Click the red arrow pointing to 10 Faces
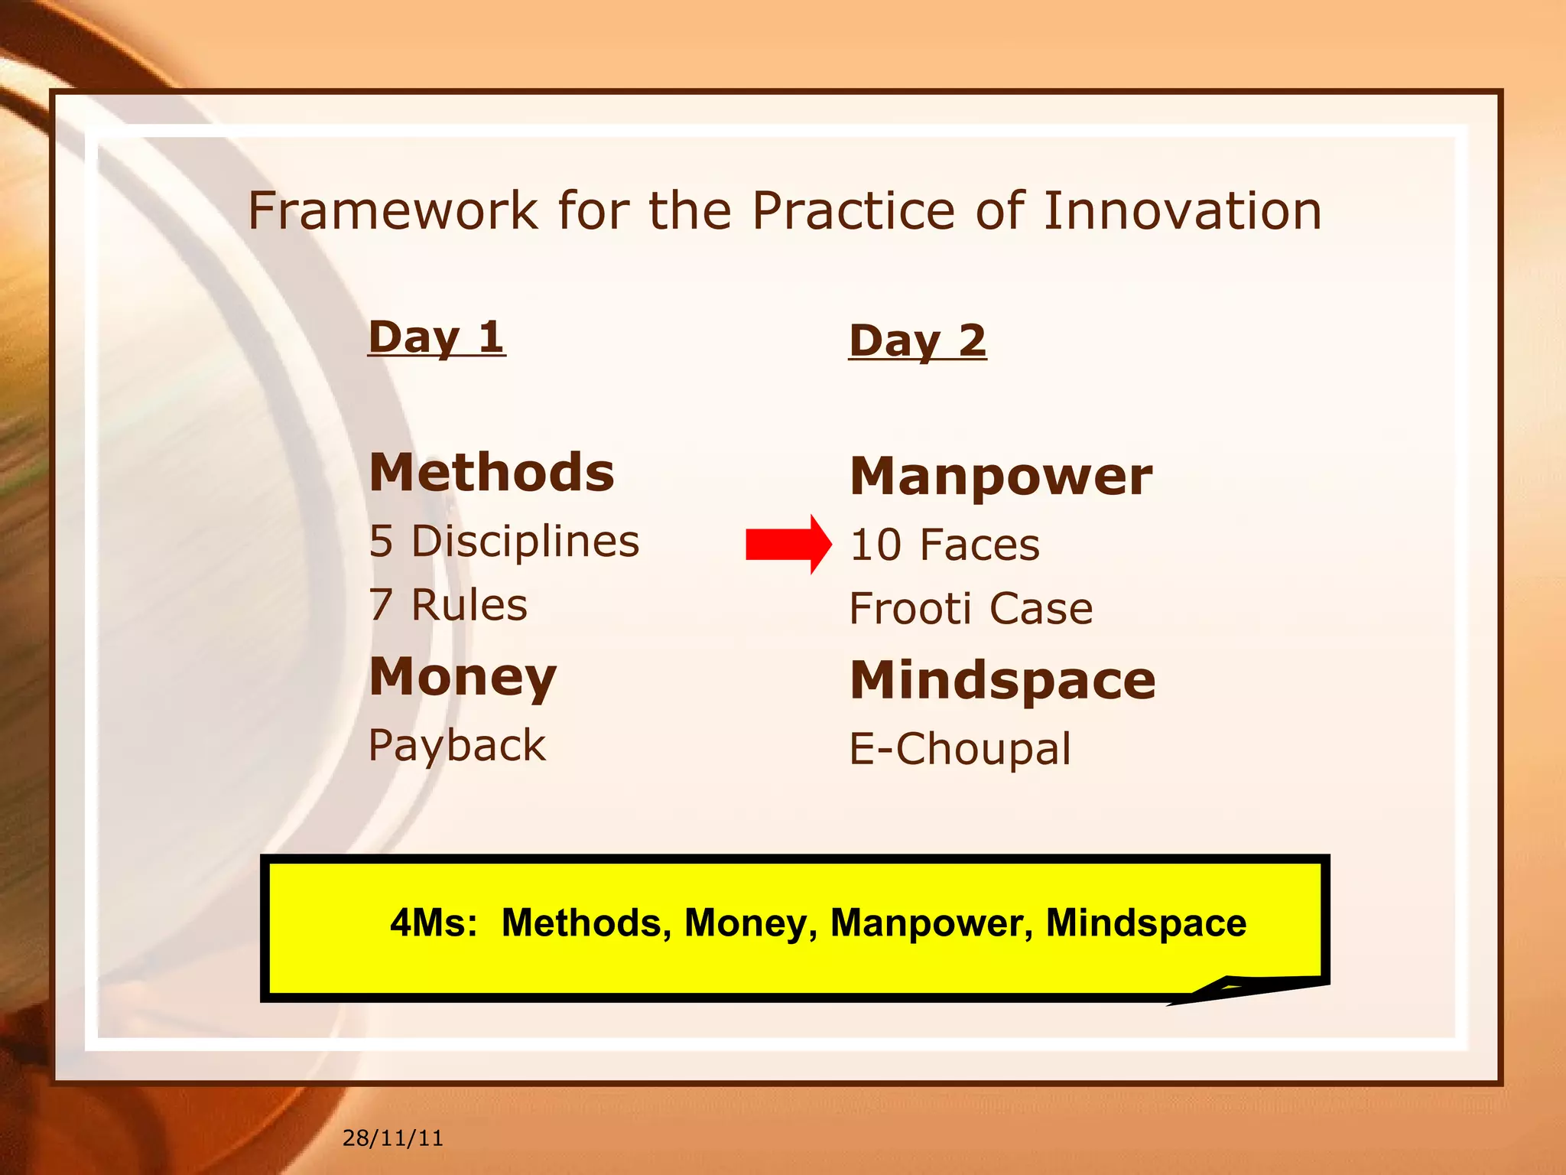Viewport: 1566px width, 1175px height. pyautogui.click(x=788, y=544)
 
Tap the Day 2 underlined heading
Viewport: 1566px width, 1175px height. pyautogui.click(x=918, y=340)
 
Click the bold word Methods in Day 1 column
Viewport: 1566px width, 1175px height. pyautogui.click(x=492, y=472)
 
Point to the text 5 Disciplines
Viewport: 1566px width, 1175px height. pyautogui.click(x=504, y=541)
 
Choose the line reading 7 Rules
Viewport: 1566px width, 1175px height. pyautogui.click(x=448, y=605)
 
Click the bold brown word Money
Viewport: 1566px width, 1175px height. pyautogui.click(x=463, y=677)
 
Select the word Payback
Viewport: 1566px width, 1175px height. pyautogui.click(x=457, y=745)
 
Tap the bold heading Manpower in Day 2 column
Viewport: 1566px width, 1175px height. pyautogui.click(x=1001, y=476)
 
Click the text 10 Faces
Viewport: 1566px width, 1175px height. pyautogui.click(x=945, y=545)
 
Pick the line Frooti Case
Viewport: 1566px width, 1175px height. pyautogui.click(x=971, y=609)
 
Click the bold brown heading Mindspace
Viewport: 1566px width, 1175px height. pyautogui.click(x=1002, y=680)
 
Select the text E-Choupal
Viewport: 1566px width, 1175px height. pyautogui.click(x=960, y=748)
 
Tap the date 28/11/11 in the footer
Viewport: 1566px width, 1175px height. pyautogui.click(x=392, y=1138)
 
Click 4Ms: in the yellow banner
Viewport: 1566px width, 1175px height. pyautogui.click(x=434, y=923)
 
